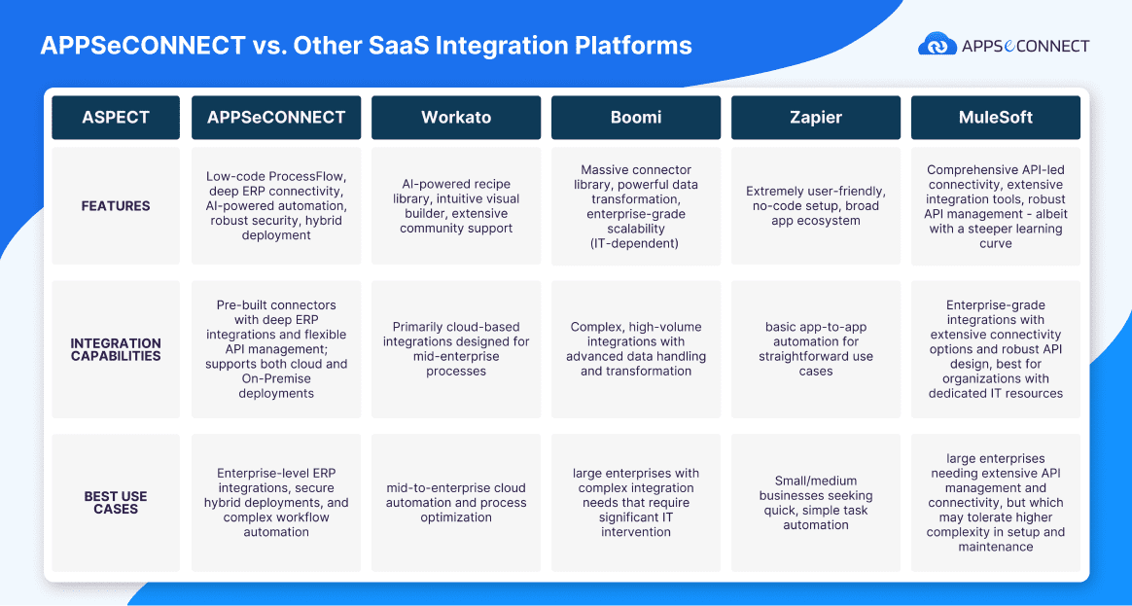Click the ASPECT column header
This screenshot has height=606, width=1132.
point(116,118)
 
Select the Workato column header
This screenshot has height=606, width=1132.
point(456,118)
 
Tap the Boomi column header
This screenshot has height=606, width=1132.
point(636,118)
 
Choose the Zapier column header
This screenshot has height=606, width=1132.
point(815,118)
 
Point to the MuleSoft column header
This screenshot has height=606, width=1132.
point(995,118)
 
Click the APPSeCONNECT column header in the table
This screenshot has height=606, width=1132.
point(276,118)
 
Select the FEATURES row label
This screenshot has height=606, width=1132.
point(116,206)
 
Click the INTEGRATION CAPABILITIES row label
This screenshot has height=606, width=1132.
point(116,349)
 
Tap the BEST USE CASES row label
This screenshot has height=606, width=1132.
point(116,502)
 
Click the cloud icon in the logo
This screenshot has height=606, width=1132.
point(937,46)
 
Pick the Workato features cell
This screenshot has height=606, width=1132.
point(456,206)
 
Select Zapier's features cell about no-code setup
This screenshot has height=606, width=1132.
point(815,206)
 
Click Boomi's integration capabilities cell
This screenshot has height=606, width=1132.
point(636,349)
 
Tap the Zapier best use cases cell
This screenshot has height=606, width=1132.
point(815,503)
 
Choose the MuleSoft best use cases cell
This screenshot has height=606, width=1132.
point(995,503)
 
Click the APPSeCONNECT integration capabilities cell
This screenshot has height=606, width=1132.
point(276,349)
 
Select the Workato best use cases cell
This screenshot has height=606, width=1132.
point(456,503)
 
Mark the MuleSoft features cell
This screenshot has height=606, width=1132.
point(995,206)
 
